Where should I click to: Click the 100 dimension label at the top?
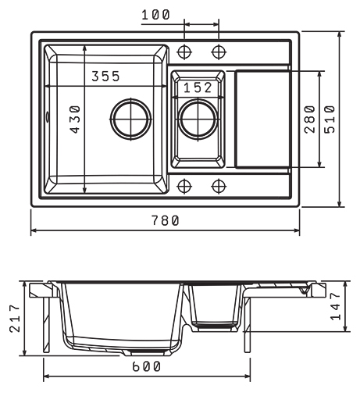155,15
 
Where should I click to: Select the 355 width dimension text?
105,77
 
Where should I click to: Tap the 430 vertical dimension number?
76,120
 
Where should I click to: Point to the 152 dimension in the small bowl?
198,87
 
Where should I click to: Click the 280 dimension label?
310,120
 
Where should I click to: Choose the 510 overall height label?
330,120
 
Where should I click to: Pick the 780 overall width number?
166,220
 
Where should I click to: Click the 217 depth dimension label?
15,319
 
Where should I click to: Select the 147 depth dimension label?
335,306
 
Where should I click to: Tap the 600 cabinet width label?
147,367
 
